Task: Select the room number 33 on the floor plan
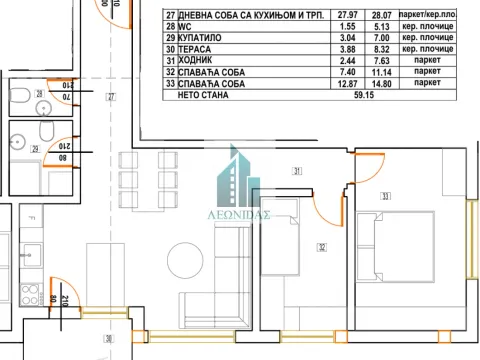coord(385,196)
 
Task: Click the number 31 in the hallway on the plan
coord(296,172)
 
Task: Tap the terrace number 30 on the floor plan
coord(109,339)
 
